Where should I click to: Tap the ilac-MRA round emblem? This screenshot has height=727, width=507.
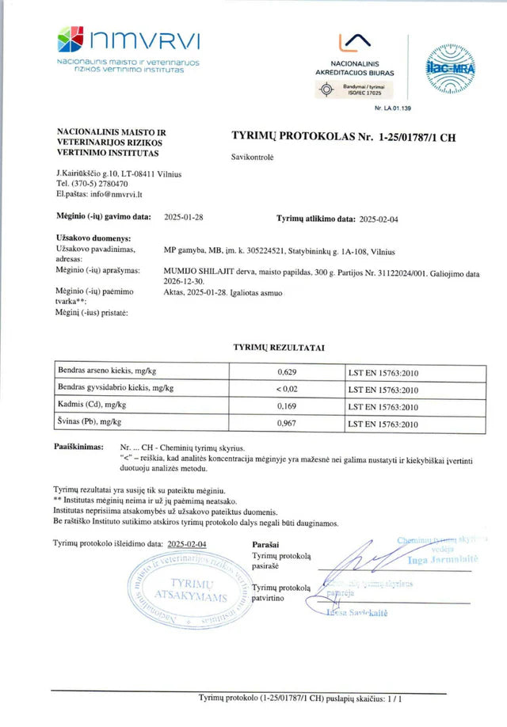coord(450,69)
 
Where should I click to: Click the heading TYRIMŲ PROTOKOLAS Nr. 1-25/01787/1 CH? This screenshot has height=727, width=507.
coord(343,137)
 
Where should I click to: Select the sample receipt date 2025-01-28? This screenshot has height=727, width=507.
coord(183,216)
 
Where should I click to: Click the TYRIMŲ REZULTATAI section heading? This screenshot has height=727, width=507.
coord(279,347)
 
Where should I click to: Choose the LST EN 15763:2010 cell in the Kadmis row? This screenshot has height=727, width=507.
coord(383,407)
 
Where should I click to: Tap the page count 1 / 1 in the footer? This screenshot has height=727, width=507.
coord(395,698)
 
